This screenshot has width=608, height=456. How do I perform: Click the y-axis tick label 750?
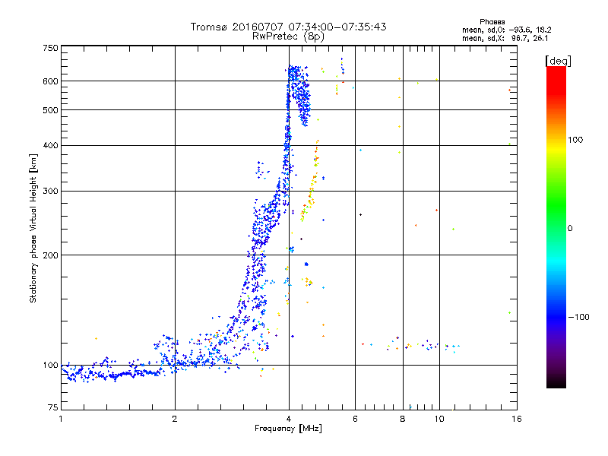pos(50,48)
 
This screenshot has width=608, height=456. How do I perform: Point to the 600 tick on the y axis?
pos(50,81)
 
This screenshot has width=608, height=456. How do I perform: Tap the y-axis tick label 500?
pos(50,110)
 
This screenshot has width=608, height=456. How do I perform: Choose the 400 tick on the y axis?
pos(50,145)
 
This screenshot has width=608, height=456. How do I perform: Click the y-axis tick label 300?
pos(50,191)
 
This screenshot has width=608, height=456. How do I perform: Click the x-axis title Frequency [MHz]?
pos(288,429)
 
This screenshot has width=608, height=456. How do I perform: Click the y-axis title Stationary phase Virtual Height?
pos(33,228)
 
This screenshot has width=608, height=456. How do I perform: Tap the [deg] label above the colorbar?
pos(557,60)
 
